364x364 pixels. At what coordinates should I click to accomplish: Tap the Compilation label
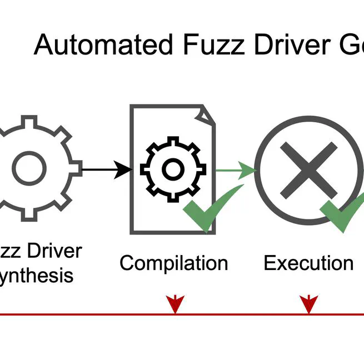173,263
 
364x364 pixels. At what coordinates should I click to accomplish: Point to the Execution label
308,263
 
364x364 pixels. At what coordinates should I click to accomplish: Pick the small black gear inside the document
172,167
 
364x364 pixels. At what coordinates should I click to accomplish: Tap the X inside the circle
308,167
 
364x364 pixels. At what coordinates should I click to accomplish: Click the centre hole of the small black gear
172,167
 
